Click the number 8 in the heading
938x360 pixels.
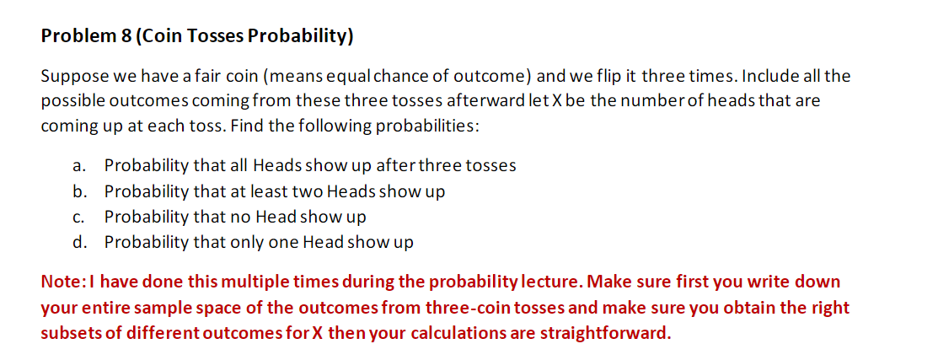(x=119, y=36)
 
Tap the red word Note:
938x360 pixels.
(x=62, y=282)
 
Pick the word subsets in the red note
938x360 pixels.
(x=70, y=332)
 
